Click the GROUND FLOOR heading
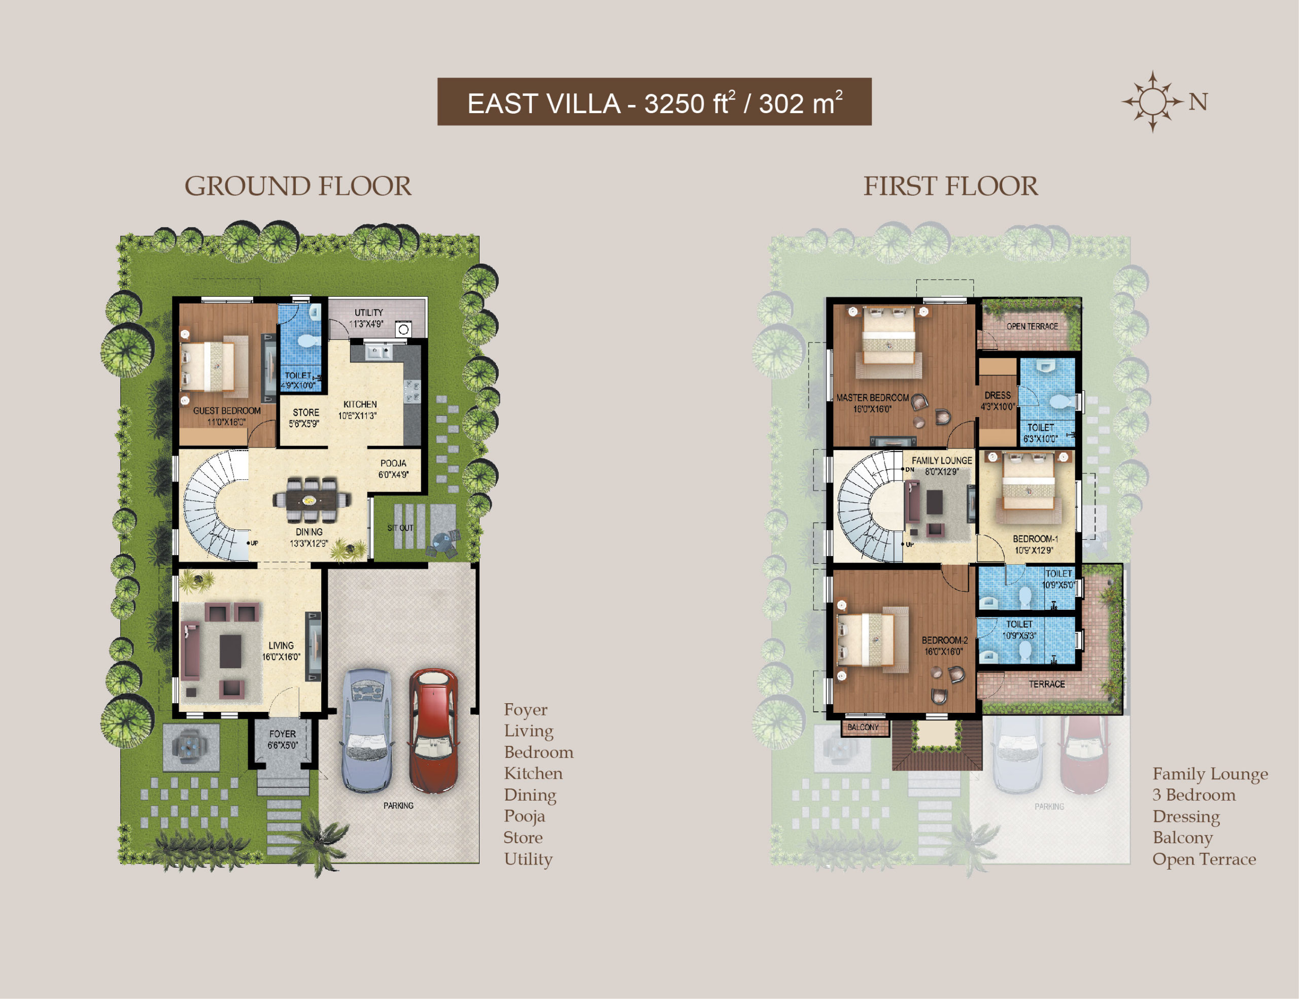pyautogui.click(x=297, y=186)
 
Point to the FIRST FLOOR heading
pyautogui.click(x=950, y=186)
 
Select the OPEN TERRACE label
pyautogui.click(x=1032, y=326)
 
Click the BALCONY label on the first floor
pyautogui.click(x=863, y=727)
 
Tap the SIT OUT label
pyautogui.click(x=400, y=528)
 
